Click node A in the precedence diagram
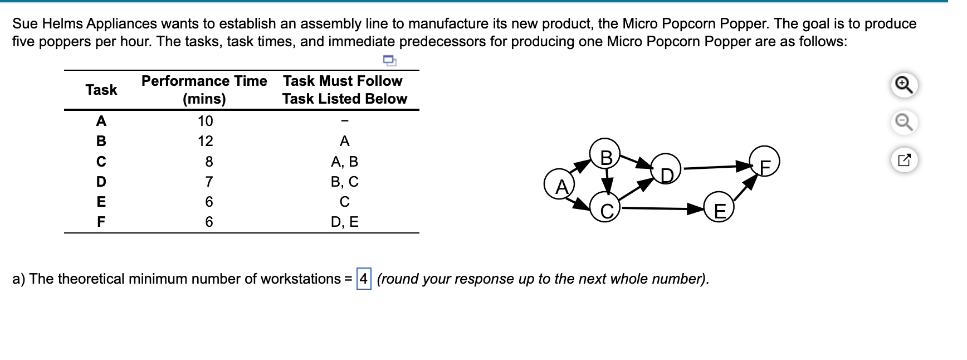(x=561, y=186)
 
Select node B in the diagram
(x=607, y=157)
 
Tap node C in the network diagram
(x=607, y=210)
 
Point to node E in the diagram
(x=720, y=211)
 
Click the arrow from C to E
(x=663, y=209)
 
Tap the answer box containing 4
(x=364, y=279)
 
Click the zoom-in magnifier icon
(x=903, y=85)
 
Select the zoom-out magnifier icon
(x=903, y=122)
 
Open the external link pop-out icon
(x=903, y=160)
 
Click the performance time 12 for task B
(x=205, y=142)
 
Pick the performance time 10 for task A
(x=205, y=121)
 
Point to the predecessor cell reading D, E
(x=344, y=222)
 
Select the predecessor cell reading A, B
(x=344, y=162)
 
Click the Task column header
(x=101, y=90)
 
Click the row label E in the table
(x=101, y=202)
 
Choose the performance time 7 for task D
(x=209, y=182)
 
